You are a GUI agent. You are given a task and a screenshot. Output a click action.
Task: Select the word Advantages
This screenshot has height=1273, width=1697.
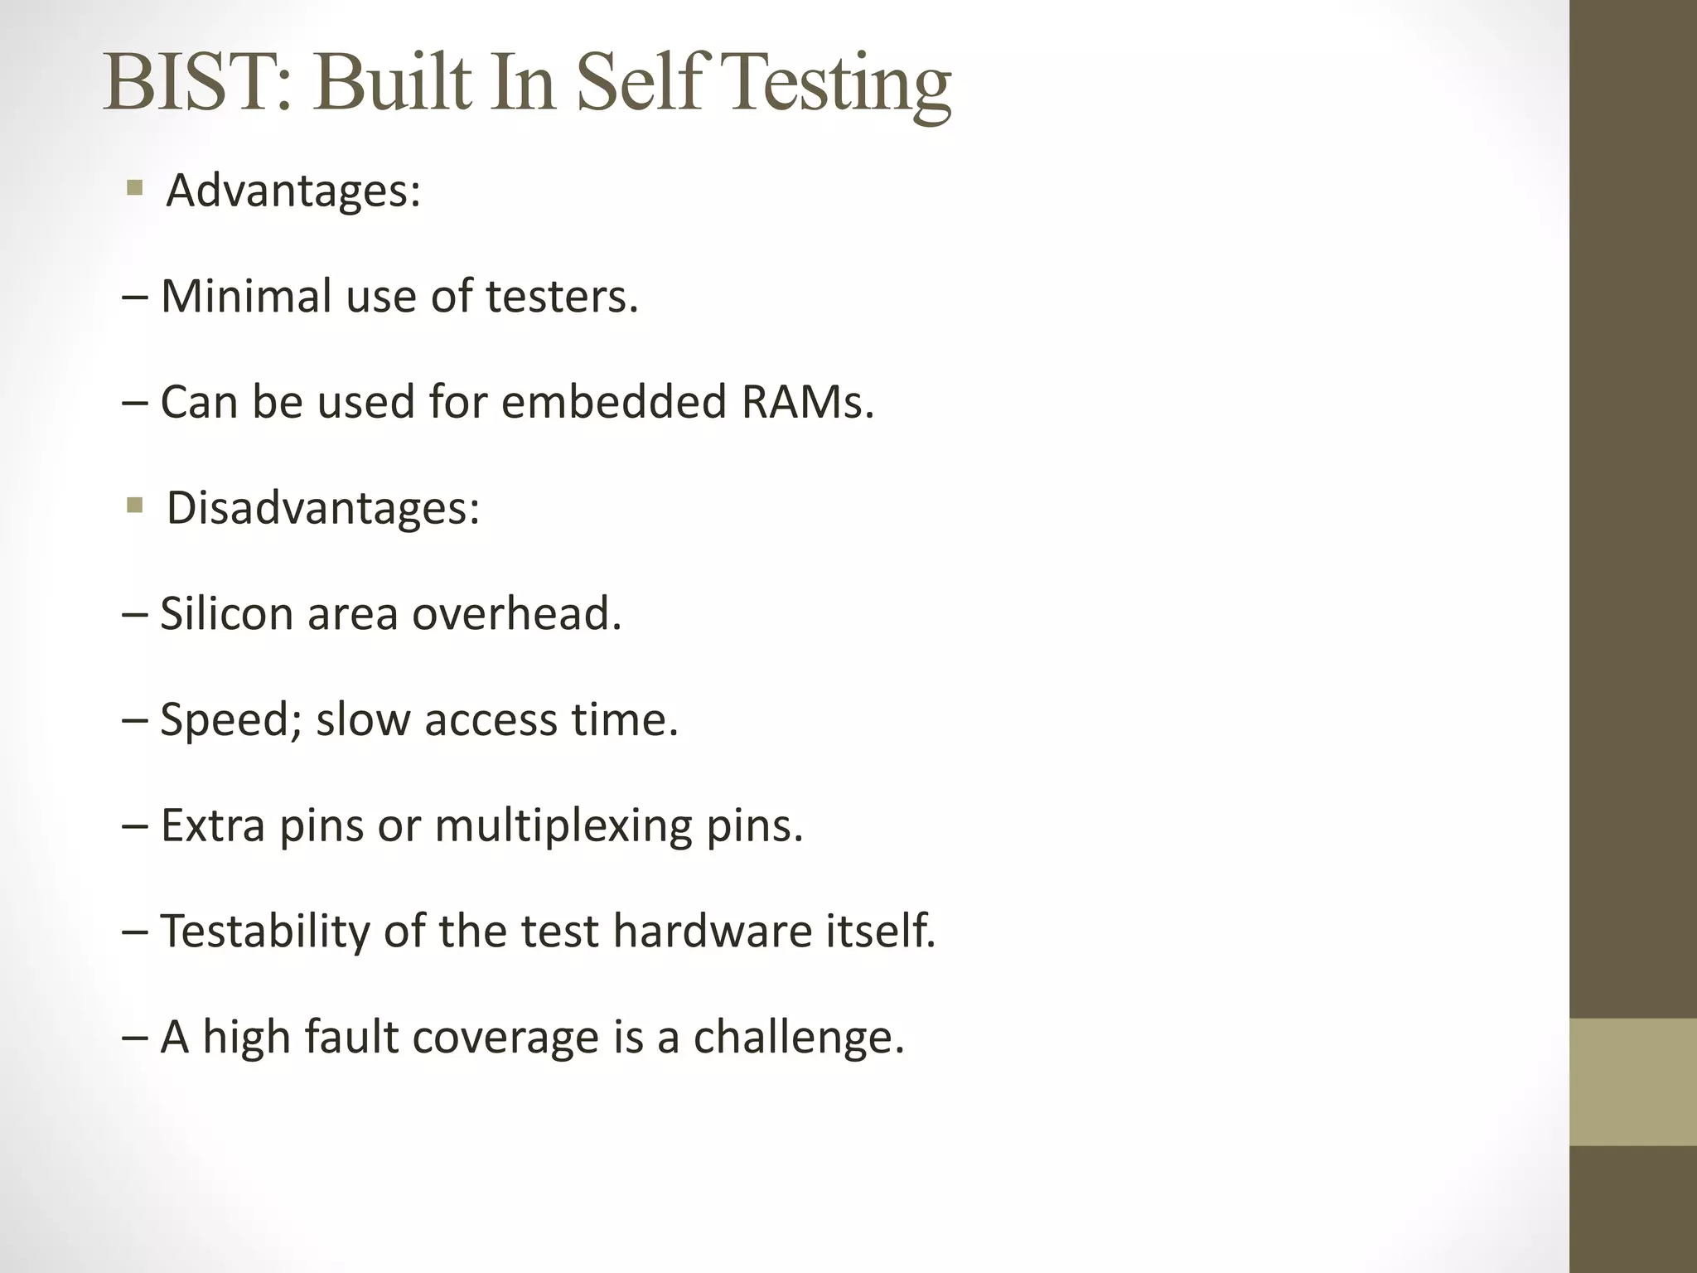(x=293, y=191)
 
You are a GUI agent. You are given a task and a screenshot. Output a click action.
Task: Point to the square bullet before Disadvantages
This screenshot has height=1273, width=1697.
(x=135, y=505)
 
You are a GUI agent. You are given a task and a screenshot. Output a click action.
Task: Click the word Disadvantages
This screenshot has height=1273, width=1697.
(x=322, y=507)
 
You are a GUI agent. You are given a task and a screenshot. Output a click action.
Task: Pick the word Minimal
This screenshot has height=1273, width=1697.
(x=246, y=296)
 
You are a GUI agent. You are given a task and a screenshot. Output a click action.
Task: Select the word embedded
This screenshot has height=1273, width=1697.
(x=613, y=402)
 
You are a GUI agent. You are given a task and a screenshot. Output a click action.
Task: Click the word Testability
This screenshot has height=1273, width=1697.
(x=264, y=932)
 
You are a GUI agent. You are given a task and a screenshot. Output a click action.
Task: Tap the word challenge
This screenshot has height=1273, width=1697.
(x=798, y=1037)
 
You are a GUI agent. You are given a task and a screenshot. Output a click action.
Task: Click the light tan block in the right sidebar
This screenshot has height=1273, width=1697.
(x=1633, y=1082)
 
